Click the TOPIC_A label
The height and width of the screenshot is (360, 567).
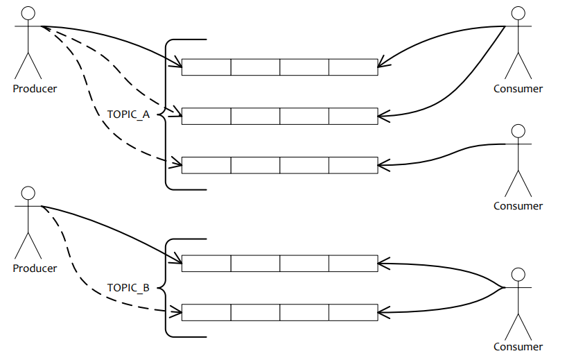click(128, 114)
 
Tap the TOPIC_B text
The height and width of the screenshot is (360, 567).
click(128, 287)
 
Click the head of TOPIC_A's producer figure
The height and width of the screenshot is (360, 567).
click(28, 13)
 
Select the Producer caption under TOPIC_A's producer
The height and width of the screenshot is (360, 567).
click(35, 88)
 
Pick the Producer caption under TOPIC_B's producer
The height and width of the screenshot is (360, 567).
click(35, 268)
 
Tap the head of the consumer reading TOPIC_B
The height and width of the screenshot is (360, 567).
click(518, 274)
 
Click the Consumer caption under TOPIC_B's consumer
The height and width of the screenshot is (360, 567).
click(518, 347)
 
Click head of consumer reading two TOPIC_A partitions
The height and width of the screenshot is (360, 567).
click(518, 13)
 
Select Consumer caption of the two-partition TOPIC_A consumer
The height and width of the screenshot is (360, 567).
click(518, 88)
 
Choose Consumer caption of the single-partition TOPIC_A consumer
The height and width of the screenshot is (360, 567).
click(518, 205)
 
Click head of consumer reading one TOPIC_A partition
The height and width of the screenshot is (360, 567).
click(518, 131)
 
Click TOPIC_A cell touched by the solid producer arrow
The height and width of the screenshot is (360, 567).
click(206, 67)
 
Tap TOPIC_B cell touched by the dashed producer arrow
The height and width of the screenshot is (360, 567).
click(206, 312)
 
